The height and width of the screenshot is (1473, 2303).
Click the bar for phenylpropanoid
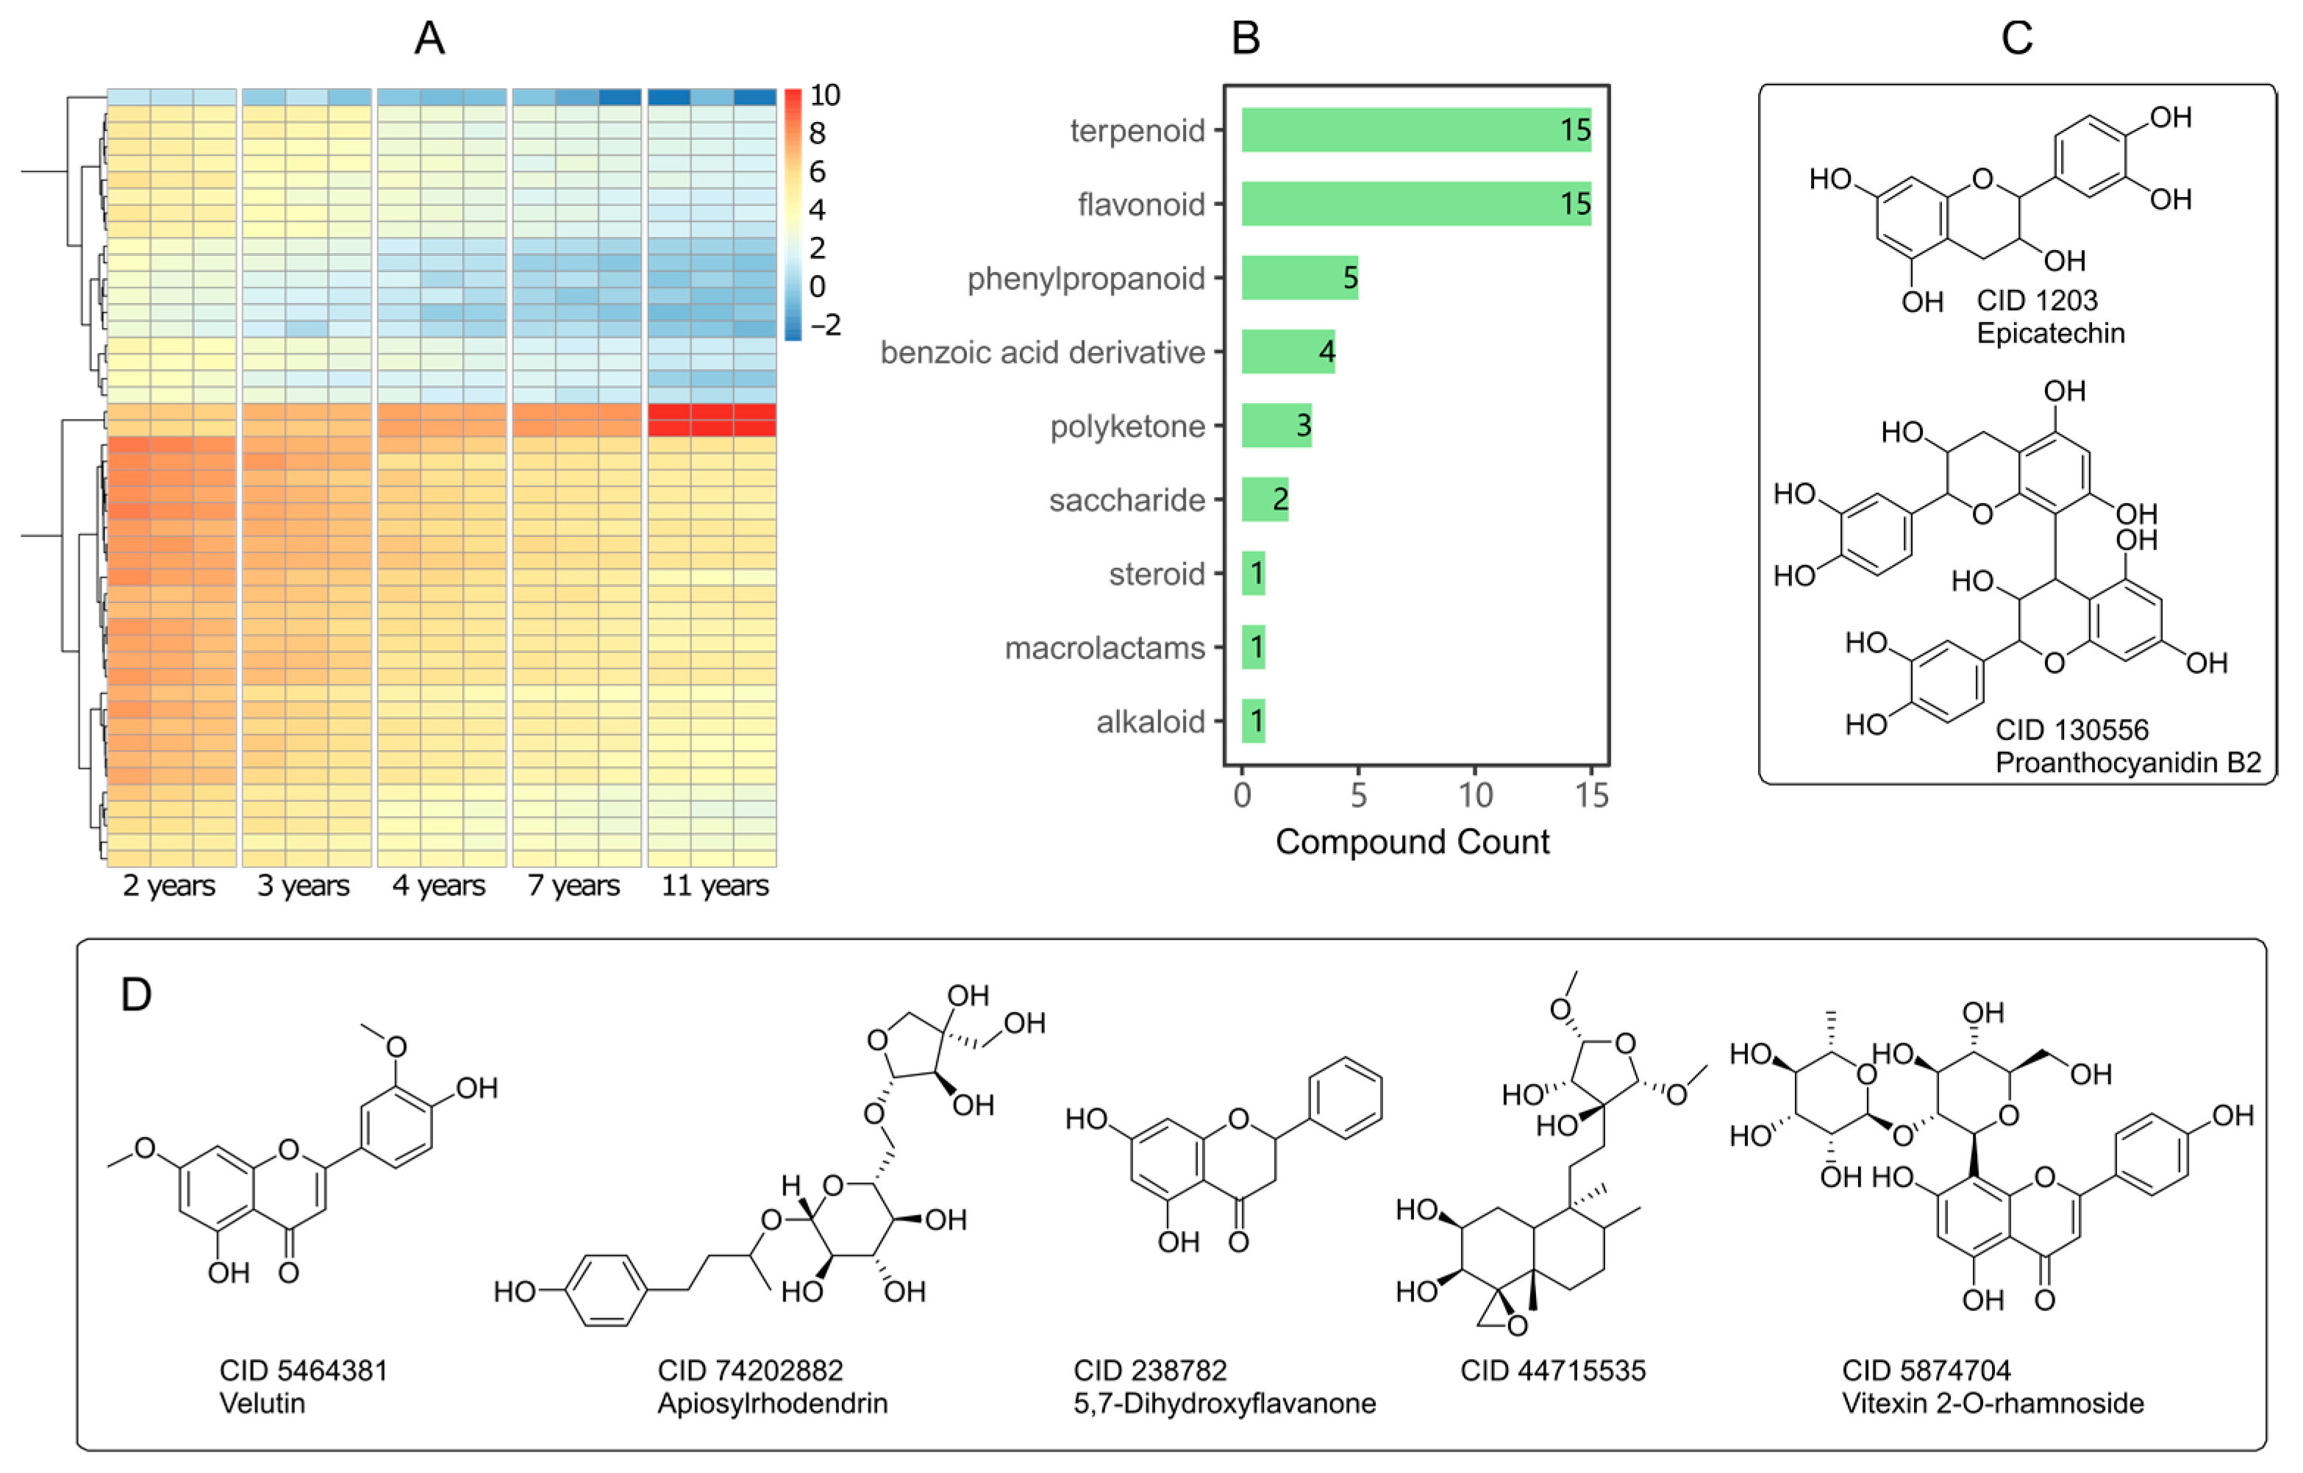(1299, 277)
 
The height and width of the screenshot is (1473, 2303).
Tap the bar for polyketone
(1276, 426)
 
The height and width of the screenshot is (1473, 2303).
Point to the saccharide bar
(1264, 499)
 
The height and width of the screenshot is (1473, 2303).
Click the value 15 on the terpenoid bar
(1574, 130)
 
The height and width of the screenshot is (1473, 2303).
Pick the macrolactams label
(1104, 648)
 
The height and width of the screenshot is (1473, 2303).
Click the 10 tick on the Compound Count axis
(1475, 795)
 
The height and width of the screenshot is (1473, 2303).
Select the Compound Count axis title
(1412, 842)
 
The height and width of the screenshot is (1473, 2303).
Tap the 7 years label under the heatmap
(573, 885)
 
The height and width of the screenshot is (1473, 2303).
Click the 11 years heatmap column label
(715, 885)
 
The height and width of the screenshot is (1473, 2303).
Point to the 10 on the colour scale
(824, 96)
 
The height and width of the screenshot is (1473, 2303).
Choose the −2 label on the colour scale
(824, 325)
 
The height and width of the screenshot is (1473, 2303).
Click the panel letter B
(1245, 39)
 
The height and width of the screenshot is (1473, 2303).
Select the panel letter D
(136, 995)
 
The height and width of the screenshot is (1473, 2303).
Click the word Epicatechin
(2051, 334)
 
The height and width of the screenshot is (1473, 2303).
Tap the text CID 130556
(2071, 731)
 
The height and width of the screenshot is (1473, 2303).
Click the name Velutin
(262, 1403)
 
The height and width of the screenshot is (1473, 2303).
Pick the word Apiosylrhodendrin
(772, 1403)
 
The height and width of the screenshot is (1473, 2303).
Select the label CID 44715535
(1552, 1371)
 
